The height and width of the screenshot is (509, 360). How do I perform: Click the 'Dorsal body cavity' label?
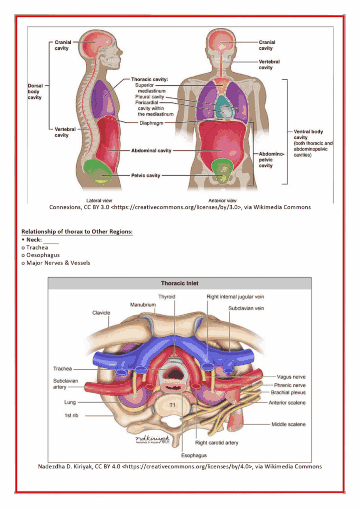click(35, 91)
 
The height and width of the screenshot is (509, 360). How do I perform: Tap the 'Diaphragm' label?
click(151, 123)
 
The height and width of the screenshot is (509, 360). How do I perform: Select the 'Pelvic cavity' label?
click(146, 175)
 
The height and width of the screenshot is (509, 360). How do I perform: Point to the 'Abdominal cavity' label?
click(151, 150)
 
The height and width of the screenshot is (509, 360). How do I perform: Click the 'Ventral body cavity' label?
click(308, 134)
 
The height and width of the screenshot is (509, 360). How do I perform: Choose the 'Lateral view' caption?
click(99, 201)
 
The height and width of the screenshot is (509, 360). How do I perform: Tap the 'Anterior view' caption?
click(222, 201)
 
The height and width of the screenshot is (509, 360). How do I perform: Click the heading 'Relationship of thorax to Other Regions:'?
click(77, 232)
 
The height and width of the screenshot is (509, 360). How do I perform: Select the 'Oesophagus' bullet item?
click(43, 255)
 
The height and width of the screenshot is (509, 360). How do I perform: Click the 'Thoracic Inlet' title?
click(180, 283)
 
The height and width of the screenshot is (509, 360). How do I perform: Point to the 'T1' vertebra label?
click(173, 405)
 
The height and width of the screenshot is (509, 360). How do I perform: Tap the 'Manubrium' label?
click(143, 305)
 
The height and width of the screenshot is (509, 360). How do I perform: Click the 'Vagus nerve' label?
click(291, 377)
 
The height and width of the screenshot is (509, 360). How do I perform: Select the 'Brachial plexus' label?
click(288, 393)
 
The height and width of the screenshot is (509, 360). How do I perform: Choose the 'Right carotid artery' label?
click(216, 443)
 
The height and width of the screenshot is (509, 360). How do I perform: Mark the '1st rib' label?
click(71, 416)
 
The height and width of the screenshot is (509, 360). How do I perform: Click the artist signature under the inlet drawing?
click(153, 439)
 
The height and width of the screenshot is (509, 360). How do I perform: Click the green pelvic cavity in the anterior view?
click(223, 171)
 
